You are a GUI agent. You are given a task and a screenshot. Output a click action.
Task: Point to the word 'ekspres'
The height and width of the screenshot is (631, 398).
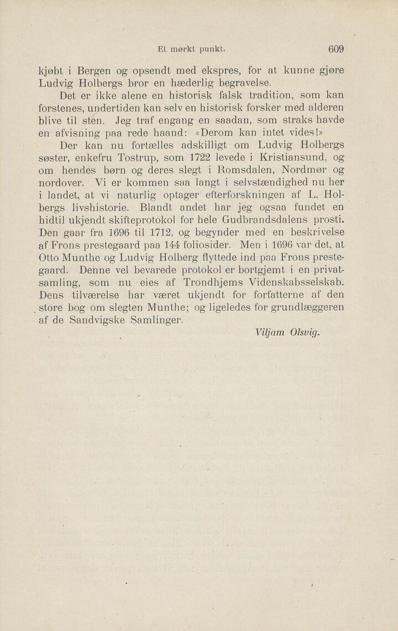(213, 71)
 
